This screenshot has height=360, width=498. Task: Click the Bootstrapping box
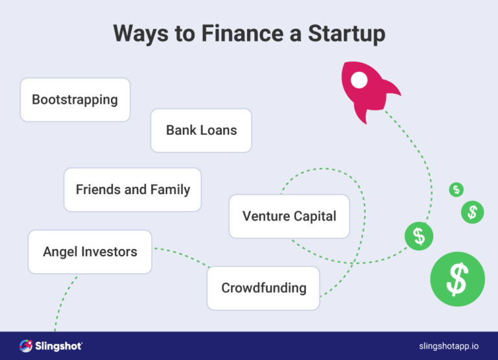point(75,100)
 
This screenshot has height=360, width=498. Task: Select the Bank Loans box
point(201,130)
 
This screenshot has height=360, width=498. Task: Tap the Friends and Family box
point(132,190)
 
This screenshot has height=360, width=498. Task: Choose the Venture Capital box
point(289,216)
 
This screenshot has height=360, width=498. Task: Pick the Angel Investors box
point(89,252)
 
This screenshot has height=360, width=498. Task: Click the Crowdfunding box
point(263,288)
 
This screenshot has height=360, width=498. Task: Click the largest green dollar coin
point(458,279)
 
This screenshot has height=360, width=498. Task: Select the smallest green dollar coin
point(456,189)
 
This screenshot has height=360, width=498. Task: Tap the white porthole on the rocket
point(359,80)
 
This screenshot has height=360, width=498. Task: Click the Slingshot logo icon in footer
point(26,346)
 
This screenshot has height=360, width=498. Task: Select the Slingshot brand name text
point(58,346)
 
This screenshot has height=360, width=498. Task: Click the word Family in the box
point(170,190)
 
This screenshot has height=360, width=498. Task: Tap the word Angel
point(60,252)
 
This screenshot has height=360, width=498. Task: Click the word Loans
point(219,130)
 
